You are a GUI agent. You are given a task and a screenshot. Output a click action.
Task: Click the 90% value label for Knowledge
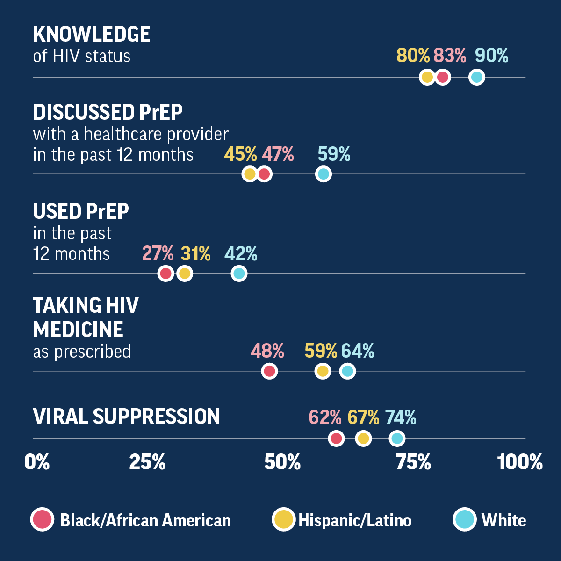491,56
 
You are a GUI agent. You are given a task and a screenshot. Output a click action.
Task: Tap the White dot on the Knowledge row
476,77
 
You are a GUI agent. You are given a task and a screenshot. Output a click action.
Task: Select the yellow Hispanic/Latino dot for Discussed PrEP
250,174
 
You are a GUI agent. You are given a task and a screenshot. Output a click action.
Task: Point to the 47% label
278,154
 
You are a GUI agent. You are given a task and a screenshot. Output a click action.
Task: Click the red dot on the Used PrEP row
165,273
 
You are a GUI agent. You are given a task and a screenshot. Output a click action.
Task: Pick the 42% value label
241,254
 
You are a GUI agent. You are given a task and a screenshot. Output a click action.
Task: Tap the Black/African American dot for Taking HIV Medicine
269,372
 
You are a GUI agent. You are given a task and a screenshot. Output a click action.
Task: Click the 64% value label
358,351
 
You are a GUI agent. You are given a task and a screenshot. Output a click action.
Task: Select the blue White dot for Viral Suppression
396,439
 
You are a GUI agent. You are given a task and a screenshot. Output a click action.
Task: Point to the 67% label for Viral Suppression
363,417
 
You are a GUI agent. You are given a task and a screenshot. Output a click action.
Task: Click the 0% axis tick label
37,462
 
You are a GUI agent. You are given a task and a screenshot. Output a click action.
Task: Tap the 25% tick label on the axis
147,462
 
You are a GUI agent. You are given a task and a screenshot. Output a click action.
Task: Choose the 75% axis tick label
413,462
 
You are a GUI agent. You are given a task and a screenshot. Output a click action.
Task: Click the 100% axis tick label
520,462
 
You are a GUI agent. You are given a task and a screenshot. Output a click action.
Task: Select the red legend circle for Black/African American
43,520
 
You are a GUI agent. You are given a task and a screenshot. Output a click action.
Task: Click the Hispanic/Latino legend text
355,520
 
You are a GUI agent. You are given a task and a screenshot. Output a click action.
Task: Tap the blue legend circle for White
465,520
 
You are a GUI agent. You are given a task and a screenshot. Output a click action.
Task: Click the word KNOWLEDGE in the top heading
92,34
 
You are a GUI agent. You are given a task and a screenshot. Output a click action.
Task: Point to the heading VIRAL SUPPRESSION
126,417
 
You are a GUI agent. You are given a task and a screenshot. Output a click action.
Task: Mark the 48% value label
267,351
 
